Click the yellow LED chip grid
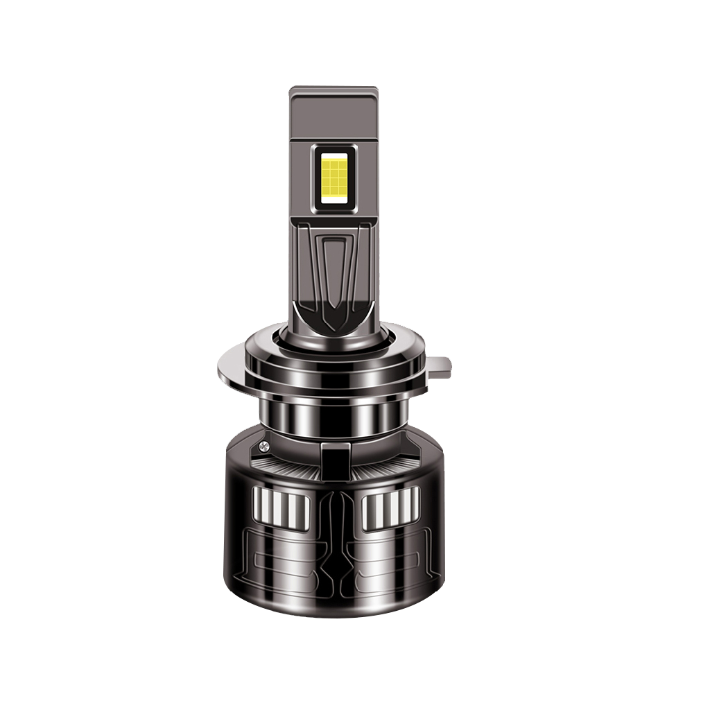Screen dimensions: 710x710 tap(334, 173)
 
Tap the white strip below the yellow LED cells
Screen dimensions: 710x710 tap(334, 200)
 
